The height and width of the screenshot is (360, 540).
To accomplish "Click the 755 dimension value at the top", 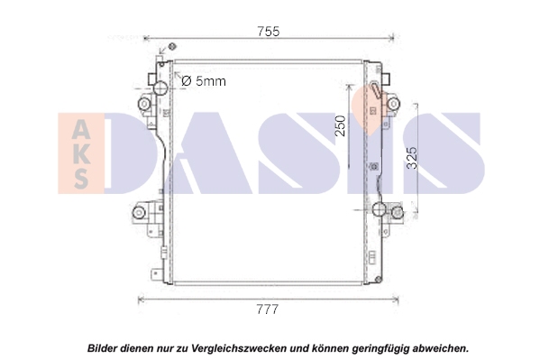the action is point(269,32).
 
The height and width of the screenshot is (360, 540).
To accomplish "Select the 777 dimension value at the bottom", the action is point(267,309).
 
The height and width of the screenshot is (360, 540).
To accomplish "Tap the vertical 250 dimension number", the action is point(340,125).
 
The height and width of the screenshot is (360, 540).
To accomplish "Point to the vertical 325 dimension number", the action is point(412,158).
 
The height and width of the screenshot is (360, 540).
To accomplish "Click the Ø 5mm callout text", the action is point(204,81).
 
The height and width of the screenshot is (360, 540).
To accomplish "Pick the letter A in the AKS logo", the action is point(82,130).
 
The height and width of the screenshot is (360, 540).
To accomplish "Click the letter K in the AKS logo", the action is point(82,154).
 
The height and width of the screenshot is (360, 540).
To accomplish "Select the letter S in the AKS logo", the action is point(81,178).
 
